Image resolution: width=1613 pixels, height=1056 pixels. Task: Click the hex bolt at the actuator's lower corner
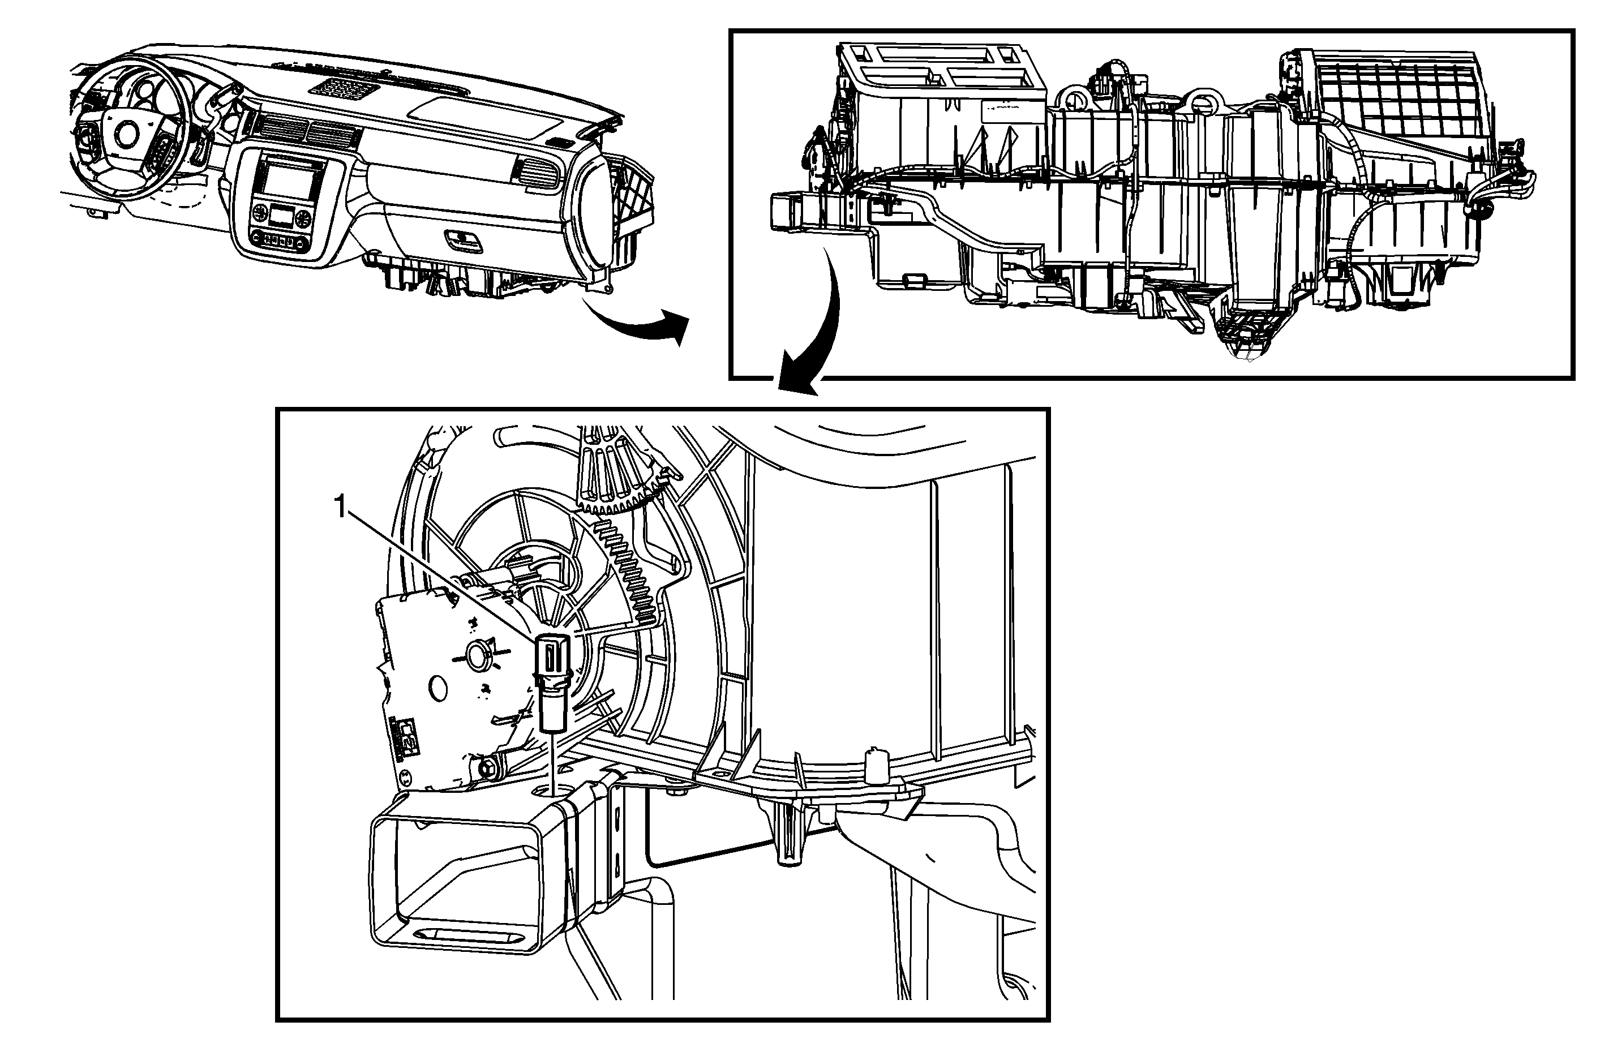click(x=487, y=769)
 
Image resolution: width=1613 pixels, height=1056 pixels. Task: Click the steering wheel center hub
click(x=126, y=134)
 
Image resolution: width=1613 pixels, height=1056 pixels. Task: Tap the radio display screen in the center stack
click(x=288, y=179)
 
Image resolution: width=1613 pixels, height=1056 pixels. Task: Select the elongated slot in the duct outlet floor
click(x=467, y=933)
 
